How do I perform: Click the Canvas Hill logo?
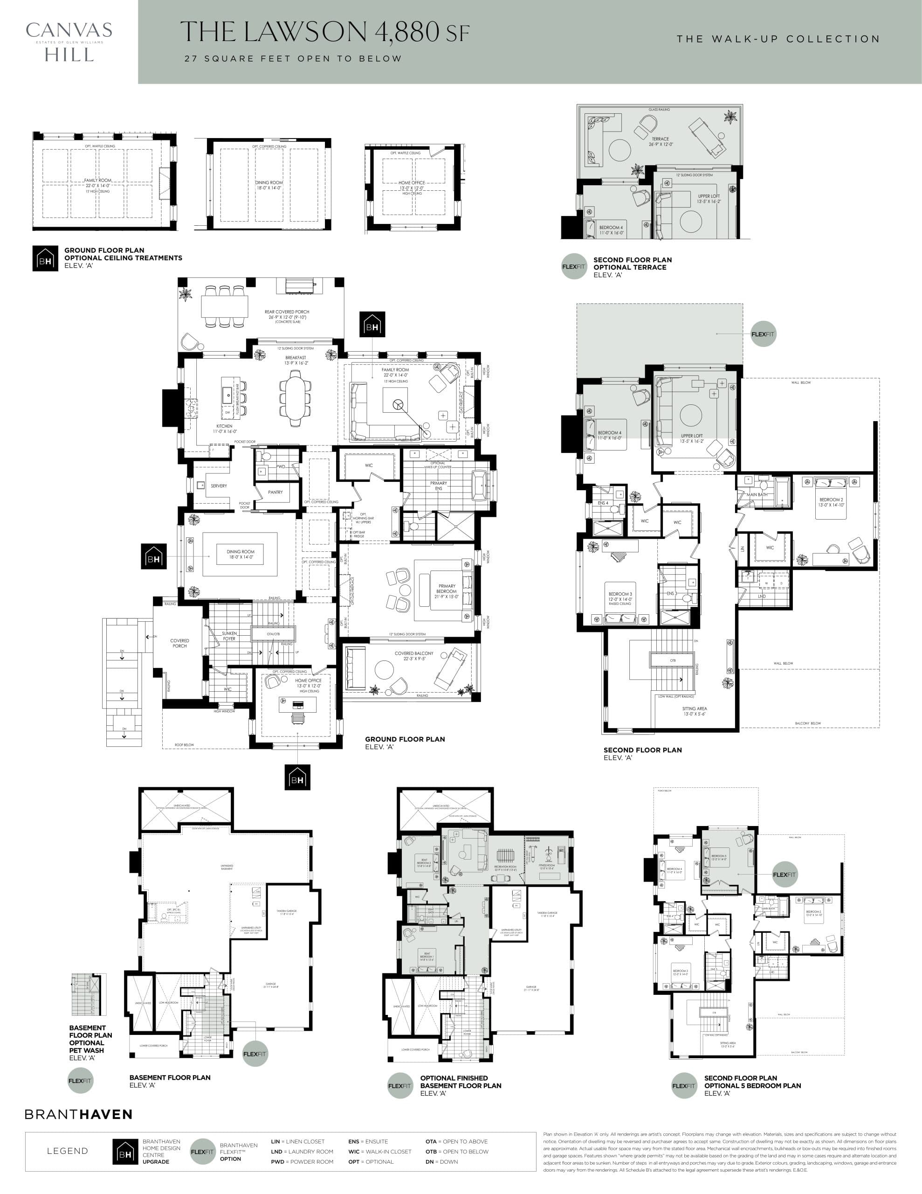69,42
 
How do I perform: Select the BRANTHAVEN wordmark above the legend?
79,1114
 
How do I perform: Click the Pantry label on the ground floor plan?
275,492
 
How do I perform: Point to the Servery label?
219,486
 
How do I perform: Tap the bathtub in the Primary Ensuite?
479,485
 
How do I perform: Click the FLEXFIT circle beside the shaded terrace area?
763,334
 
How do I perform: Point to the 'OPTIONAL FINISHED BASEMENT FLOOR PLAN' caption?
460,1085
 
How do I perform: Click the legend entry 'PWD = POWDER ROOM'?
302,1162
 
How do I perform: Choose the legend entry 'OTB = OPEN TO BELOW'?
456,1152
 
